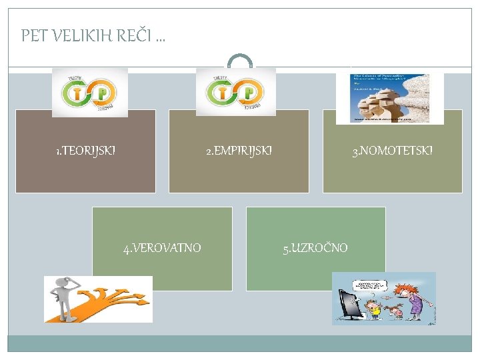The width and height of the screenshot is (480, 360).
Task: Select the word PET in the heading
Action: coord(34,35)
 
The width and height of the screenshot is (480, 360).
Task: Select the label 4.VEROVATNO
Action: coord(162,248)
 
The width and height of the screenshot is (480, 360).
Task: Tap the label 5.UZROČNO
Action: coord(315,248)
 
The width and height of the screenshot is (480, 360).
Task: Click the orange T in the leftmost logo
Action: coord(79,93)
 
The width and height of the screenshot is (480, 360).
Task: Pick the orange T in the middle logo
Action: coord(223,93)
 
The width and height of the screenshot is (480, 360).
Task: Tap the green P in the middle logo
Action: coord(247,93)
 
